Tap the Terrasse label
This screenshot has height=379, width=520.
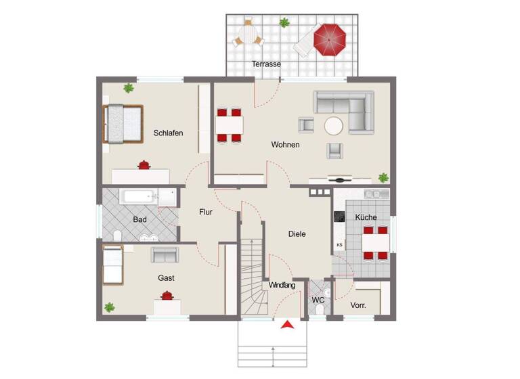pos(266,65)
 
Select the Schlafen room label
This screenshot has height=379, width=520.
pos(168,133)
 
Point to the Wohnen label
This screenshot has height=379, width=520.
pos(285,145)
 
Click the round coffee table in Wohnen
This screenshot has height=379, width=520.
pos(334,127)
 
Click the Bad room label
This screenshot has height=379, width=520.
pos(140,219)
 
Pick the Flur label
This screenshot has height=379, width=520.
pos(206,212)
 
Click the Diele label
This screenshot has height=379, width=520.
pos(297,234)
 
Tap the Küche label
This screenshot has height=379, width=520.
pos(366,217)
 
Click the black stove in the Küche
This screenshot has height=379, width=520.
pos(339,217)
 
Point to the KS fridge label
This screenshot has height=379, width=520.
pos(339,244)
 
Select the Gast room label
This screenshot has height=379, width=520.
pos(166,278)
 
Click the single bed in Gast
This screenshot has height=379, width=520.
pos(112,266)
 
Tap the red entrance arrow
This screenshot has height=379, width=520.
pos(287,325)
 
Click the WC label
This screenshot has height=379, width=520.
pos(318,300)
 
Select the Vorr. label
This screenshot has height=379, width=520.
pos(358,306)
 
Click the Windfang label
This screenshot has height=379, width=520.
pos(282,285)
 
